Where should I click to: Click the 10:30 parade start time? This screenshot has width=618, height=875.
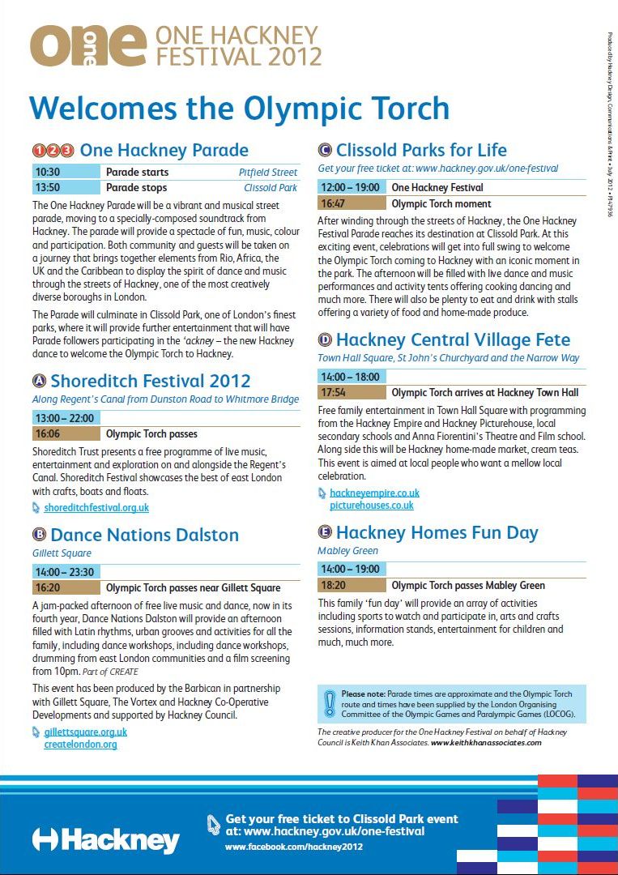49,172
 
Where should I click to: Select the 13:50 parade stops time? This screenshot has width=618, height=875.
49,187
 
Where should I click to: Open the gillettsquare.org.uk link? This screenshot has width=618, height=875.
85,732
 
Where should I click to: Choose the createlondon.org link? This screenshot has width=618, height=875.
80,745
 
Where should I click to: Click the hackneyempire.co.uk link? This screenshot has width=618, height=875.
374,493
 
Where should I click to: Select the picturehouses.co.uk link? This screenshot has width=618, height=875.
371,506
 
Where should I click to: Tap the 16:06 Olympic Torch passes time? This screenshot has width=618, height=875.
49,433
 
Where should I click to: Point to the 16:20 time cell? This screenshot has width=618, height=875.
49,587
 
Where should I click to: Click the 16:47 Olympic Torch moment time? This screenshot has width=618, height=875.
333,203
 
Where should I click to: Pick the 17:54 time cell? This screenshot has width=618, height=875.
333,392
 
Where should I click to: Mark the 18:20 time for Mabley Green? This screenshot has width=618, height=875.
333,585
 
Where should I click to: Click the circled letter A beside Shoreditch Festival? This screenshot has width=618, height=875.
39,381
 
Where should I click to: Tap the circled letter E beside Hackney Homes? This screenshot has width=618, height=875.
325,532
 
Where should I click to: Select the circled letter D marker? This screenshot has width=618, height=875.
325,339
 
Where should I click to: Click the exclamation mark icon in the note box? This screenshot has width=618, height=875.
329,704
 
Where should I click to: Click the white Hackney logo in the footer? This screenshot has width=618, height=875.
105,839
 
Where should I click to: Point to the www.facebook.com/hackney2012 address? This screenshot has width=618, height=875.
294,847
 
